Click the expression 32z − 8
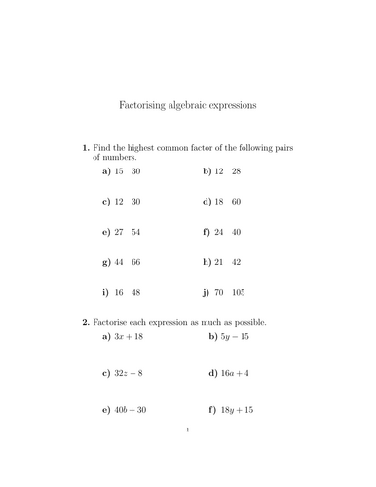(x=131, y=374)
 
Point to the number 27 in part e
(x=119, y=233)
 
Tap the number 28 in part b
(x=236, y=171)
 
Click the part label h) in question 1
(x=207, y=263)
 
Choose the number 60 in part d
(x=236, y=202)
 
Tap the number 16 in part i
(x=119, y=292)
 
